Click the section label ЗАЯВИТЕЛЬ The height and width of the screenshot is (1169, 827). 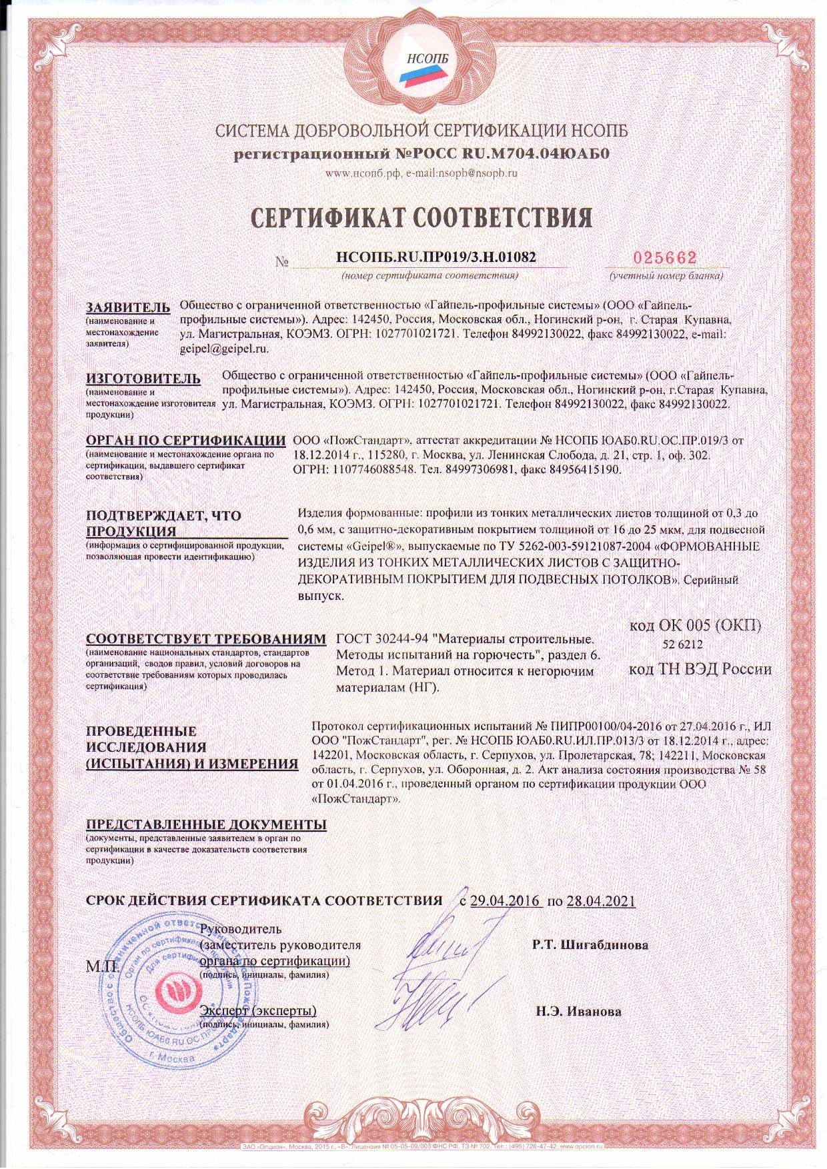tap(129, 308)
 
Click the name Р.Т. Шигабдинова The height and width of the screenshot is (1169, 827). tap(590, 944)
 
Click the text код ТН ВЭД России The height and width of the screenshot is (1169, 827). tap(700, 669)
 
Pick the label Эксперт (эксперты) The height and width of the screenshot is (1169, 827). tap(258, 1011)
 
